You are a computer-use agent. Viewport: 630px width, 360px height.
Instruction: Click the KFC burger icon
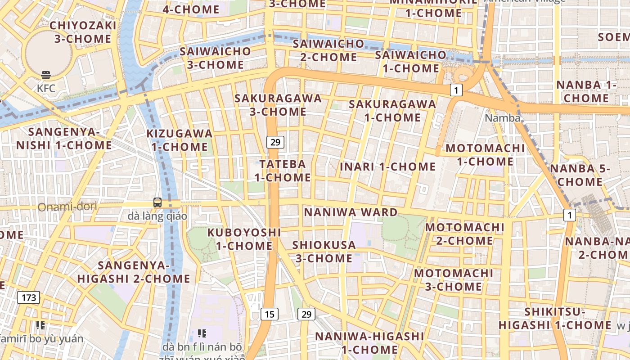pyautogui.click(x=46, y=75)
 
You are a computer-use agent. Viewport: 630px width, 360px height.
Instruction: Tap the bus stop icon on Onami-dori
pyautogui.click(x=157, y=202)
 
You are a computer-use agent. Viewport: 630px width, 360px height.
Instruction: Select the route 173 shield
pyautogui.click(x=29, y=297)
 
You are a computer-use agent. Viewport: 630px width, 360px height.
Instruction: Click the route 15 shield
pyautogui.click(x=269, y=314)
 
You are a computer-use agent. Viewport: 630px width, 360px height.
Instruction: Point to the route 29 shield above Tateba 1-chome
pyautogui.click(x=275, y=142)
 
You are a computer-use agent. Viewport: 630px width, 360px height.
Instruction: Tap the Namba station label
pyautogui.click(x=503, y=118)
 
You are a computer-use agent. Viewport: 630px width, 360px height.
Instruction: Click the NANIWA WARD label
pyautogui.click(x=351, y=212)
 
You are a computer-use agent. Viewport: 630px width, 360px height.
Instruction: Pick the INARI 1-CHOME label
pyautogui.click(x=387, y=166)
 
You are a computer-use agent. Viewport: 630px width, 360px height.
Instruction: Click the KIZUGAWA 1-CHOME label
pyautogui.click(x=180, y=140)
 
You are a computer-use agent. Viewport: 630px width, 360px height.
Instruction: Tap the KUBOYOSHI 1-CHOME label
pyautogui.click(x=244, y=239)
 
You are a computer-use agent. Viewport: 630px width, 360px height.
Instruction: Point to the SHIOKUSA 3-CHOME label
pyautogui.click(x=324, y=252)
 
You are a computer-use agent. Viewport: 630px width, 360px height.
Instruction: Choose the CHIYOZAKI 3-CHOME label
pyautogui.click(x=83, y=32)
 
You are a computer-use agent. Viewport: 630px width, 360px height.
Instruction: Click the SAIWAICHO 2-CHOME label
pyautogui.click(x=328, y=50)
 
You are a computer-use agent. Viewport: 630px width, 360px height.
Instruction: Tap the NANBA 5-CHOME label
pyautogui.click(x=580, y=175)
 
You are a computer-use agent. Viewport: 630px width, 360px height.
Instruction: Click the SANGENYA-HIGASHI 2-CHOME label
pyautogui.click(x=133, y=272)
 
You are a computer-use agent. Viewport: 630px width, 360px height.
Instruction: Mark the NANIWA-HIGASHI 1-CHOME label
pyautogui.click(x=369, y=342)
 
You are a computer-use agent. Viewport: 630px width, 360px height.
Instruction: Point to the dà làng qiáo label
pyautogui.click(x=157, y=216)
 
